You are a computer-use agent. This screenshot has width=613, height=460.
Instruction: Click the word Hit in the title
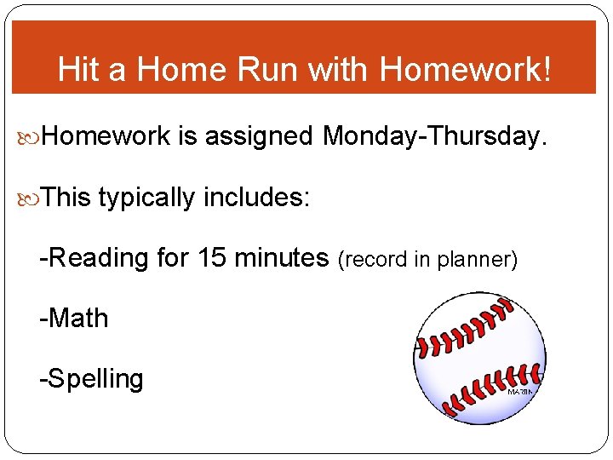coord(78,70)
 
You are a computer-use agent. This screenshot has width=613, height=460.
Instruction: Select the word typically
coord(146,198)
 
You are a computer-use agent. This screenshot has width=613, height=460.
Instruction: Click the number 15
coord(213,257)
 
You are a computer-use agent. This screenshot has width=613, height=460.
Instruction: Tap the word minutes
coord(282,257)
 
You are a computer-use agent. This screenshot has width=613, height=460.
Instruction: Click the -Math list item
coord(74,319)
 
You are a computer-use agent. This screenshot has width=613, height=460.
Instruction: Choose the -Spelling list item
coord(92,378)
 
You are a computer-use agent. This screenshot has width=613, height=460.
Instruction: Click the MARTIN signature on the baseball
coord(521,391)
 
